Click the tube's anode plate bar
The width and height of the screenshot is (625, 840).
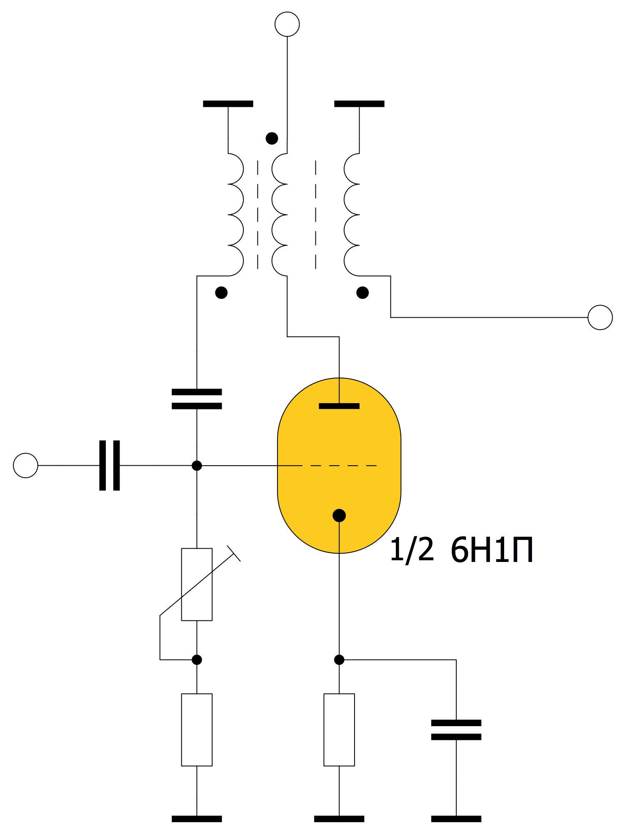point(339,406)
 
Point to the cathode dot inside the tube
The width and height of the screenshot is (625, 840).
point(339,516)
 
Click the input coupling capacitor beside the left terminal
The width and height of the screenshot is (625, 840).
point(110,465)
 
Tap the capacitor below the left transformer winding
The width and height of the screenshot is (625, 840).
point(197,399)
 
